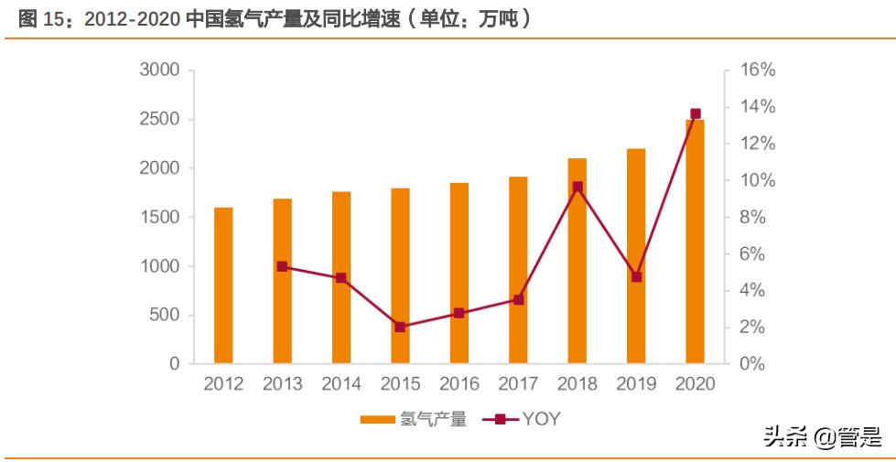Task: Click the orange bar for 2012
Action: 223,285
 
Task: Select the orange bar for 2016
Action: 459,274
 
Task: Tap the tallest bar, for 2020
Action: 695,242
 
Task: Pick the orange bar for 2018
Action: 577,261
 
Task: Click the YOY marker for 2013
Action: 282,267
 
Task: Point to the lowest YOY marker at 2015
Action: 400,327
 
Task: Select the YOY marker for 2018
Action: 577,187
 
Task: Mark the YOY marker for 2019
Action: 636,276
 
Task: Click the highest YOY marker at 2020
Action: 695,114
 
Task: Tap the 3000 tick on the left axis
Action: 159,70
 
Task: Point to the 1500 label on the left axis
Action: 159,218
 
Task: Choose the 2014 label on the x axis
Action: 340,384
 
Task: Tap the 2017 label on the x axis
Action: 518,384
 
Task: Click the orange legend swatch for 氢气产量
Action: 377,420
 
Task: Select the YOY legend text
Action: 541,420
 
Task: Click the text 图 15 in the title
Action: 38,18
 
